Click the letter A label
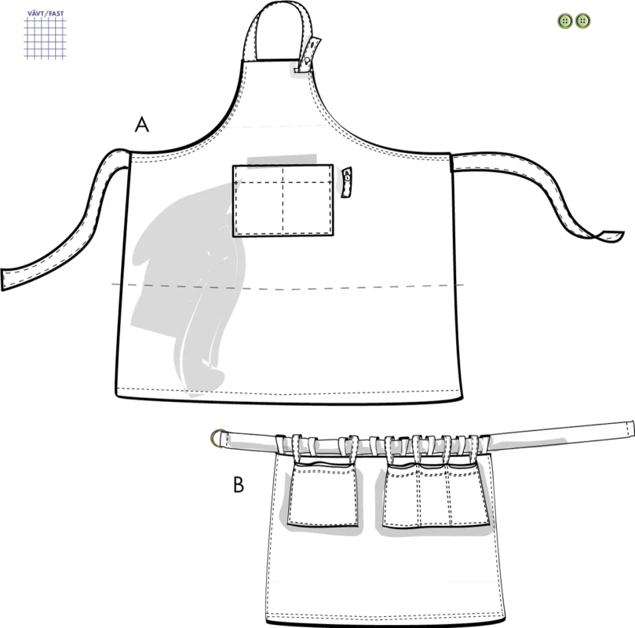(142, 124)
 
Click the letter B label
(239, 484)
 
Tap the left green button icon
(565, 20)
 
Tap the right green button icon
(582, 20)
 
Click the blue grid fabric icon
(45, 38)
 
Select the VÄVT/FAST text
(46, 13)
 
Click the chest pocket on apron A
(283, 200)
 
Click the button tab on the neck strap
(309, 55)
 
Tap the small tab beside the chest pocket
(347, 182)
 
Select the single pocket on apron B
(323, 495)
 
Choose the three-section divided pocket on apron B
(436, 496)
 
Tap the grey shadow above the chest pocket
(282, 159)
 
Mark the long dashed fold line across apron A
(288, 287)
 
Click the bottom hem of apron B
(386, 623)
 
